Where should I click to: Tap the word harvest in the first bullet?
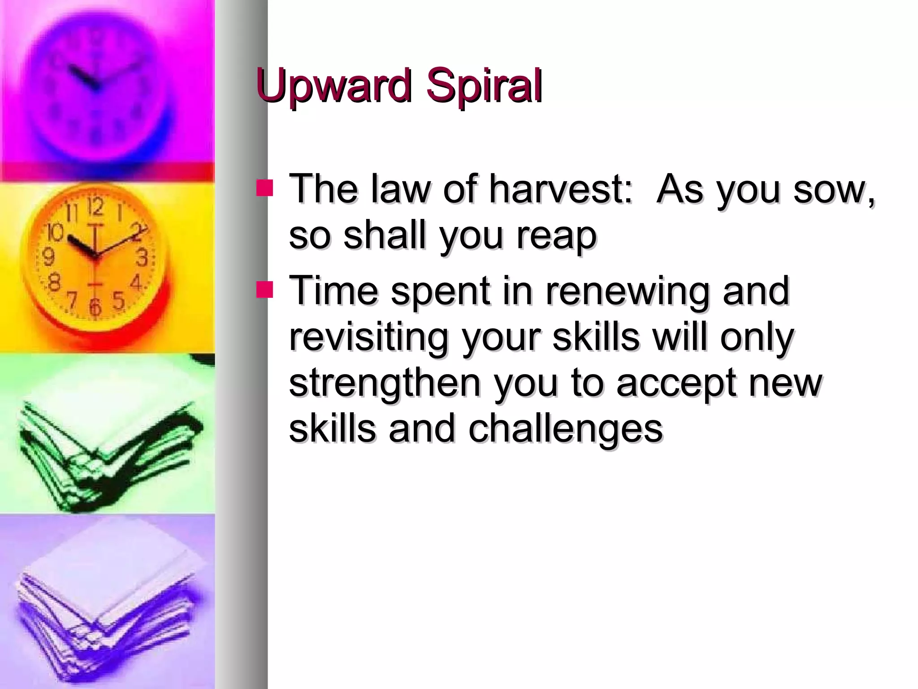click(560, 189)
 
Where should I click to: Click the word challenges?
click(566, 429)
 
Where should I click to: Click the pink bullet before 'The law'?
click(264, 188)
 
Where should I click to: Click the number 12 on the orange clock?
click(95, 207)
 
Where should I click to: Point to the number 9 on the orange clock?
click(48, 257)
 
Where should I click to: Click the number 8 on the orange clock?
click(54, 283)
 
